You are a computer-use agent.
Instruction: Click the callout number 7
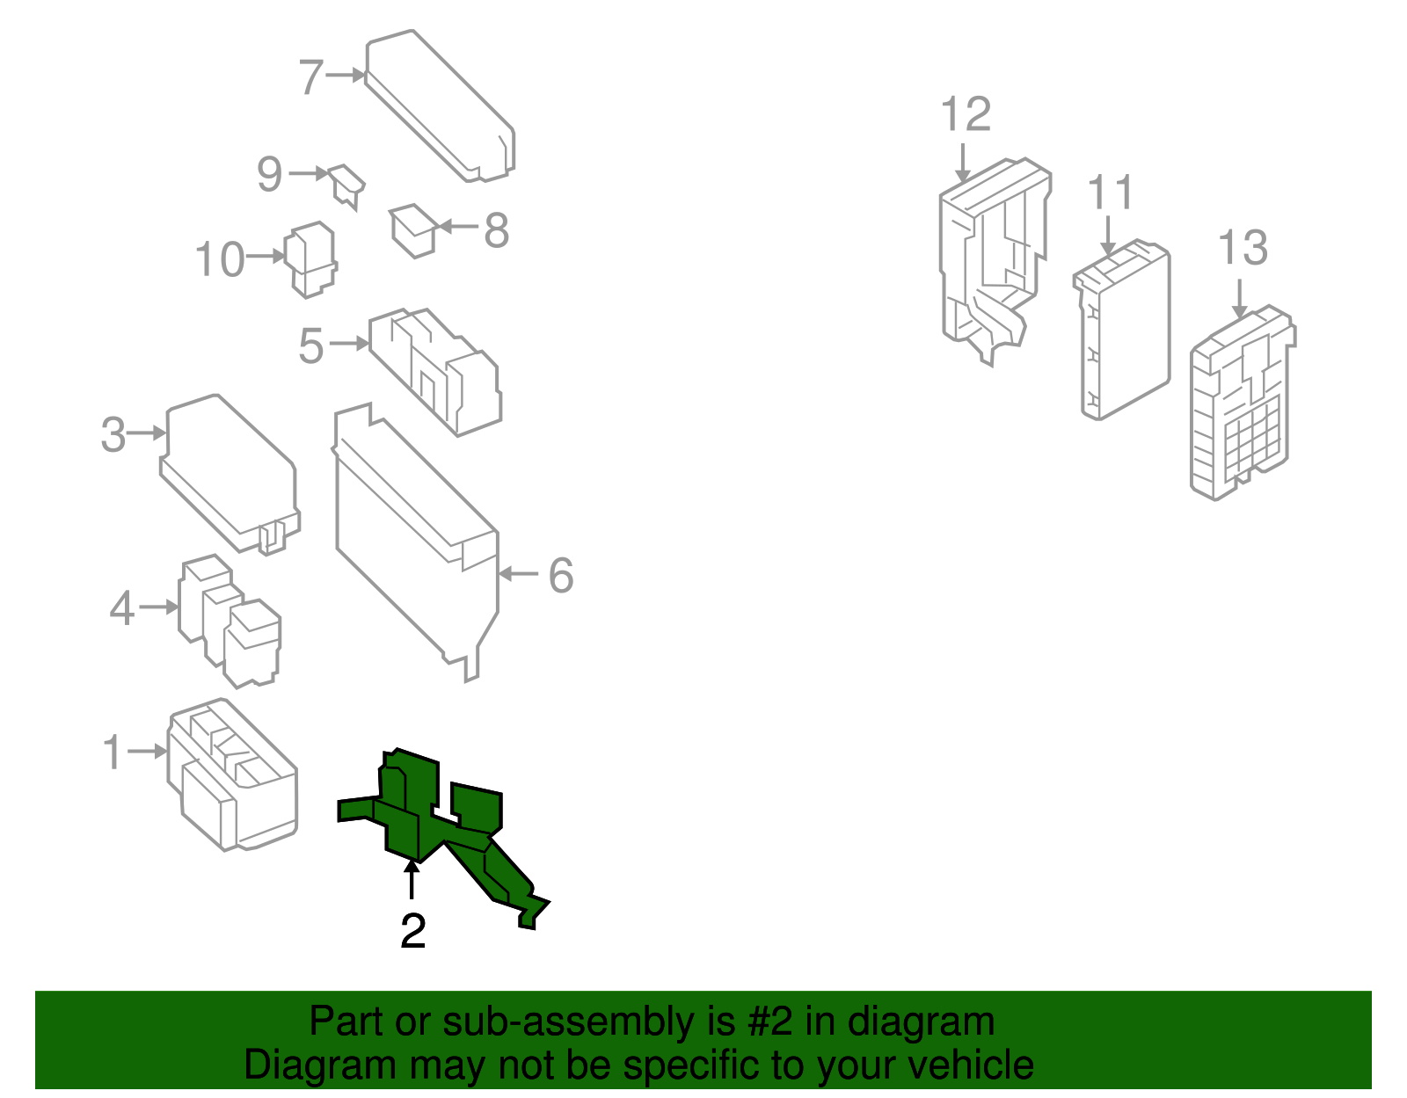pos(310,77)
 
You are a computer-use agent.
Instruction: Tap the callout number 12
pos(965,114)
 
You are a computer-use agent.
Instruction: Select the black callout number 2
pos(413,931)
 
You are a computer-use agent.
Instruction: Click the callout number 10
pos(220,258)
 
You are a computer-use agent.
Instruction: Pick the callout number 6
pos(561,575)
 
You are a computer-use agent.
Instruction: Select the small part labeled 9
pos(346,186)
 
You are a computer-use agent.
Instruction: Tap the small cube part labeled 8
pos(413,231)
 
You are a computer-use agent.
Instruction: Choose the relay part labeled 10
pos(310,259)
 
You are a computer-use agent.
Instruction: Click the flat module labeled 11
pos(1122,330)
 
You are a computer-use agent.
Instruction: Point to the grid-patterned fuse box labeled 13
pos(1242,404)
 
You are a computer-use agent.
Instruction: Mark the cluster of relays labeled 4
pos(230,620)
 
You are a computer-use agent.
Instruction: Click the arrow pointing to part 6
pos(519,573)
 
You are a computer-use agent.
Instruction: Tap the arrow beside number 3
pos(147,433)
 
